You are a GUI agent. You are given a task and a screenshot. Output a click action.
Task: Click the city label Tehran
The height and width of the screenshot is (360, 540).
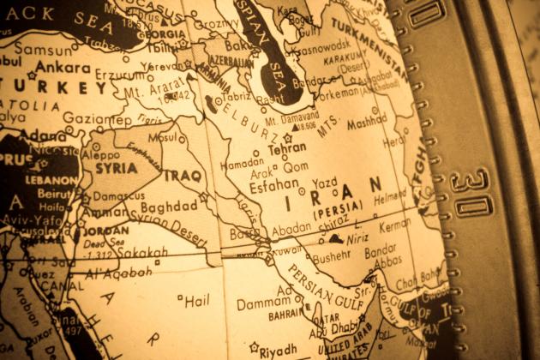click(287, 148)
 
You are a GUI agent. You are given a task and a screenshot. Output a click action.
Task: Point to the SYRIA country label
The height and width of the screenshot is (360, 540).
click(115, 169)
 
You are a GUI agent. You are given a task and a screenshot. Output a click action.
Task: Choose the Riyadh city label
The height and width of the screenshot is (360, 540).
click(279, 349)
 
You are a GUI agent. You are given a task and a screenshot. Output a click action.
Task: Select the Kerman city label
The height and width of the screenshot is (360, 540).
click(394, 225)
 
